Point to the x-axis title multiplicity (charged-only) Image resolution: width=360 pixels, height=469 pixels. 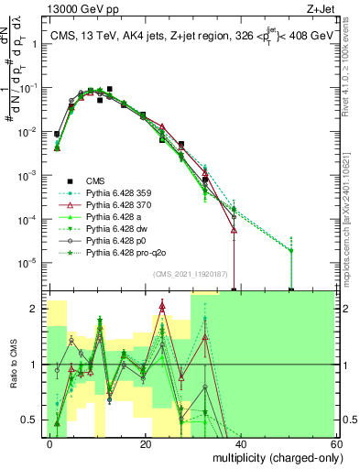tap(267, 455)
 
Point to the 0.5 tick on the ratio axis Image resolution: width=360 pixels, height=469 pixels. tap(34, 420)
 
